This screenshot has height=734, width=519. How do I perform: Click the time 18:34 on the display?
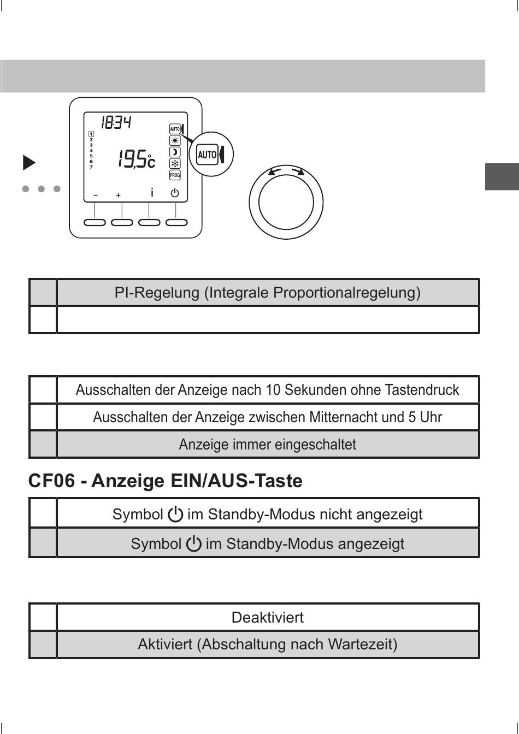(x=116, y=123)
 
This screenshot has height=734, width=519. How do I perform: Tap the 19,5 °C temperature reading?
(x=136, y=159)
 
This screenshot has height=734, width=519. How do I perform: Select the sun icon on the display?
(x=175, y=140)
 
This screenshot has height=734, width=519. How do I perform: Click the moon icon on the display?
(x=175, y=152)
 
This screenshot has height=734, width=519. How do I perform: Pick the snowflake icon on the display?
(x=175, y=164)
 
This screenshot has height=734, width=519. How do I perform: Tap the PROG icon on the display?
(x=175, y=175)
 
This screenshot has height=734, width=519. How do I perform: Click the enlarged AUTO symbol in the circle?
(x=208, y=155)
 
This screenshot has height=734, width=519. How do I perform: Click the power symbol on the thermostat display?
(x=175, y=193)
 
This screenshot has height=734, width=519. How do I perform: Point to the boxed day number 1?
(x=91, y=134)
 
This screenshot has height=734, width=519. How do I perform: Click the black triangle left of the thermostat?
(x=29, y=163)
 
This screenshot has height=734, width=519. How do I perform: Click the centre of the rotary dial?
(x=286, y=202)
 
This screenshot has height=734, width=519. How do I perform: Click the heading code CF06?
(x=51, y=481)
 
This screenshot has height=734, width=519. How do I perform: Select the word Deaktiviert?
(x=268, y=618)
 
